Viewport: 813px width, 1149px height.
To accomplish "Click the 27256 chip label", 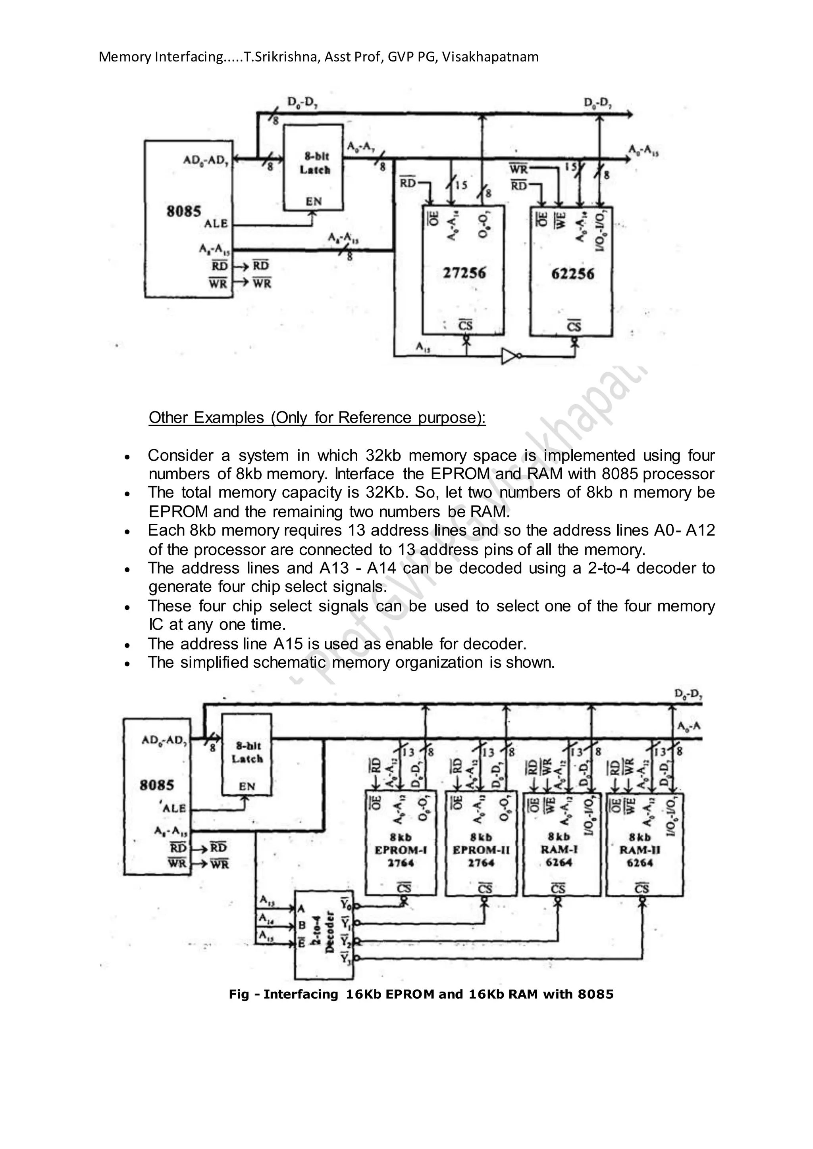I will click(464, 273).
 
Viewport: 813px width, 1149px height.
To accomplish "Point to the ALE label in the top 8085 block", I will click(216, 224).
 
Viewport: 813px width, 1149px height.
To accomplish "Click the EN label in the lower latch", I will click(246, 787).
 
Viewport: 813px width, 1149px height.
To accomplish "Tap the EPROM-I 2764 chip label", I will click(401, 850).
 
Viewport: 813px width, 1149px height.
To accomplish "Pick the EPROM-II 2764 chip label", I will click(481, 850).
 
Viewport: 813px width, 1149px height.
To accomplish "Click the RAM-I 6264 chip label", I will click(559, 850).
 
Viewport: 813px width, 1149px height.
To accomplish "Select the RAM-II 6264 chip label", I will click(640, 850).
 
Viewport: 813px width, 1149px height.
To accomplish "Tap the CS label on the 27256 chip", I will click(466, 326).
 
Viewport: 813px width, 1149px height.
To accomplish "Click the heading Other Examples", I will click(316, 417).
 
